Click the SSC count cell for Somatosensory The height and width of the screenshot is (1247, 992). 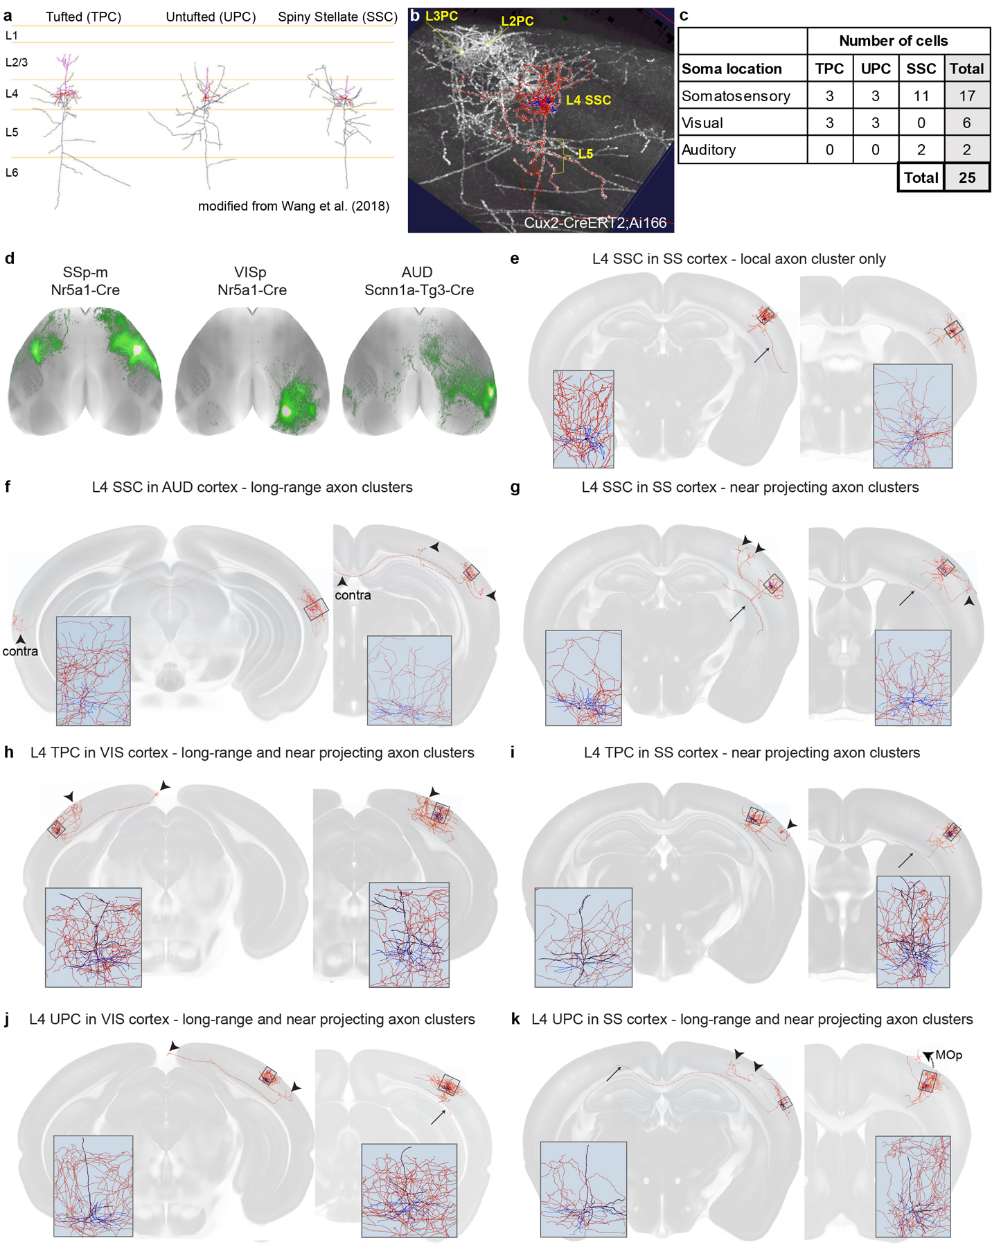[921, 96]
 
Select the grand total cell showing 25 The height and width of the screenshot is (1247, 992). [966, 177]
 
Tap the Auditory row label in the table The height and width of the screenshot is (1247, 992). [708, 150]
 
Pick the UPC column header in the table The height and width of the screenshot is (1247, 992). [875, 69]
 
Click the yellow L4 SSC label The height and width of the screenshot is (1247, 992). [588, 100]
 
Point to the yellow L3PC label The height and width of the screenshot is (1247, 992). [441, 15]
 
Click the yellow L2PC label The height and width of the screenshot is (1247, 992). [517, 21]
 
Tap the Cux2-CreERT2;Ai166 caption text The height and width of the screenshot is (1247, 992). [595, 222]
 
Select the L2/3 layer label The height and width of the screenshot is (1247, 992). [17, 62]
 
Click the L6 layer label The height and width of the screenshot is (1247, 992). [12, 173]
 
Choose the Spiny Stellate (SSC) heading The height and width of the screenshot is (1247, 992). [337, 17]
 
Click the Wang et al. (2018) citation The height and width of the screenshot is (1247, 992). [294, 206]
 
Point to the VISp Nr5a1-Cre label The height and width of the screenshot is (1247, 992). [252, 281]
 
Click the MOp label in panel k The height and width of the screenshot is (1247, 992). [948, 1055]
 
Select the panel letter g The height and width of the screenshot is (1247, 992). [515, 487]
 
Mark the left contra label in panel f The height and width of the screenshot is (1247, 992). [20, 651]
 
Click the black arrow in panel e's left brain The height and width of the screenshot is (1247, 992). [761, 355]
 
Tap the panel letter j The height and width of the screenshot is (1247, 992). [7, 1020]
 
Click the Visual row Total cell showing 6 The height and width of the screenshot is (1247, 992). [966, 123]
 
